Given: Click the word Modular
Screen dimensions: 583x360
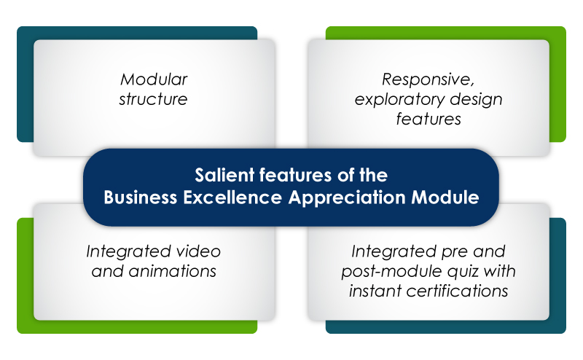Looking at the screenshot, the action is tap(154, 79).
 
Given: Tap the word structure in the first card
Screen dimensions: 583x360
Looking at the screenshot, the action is tap(153, 99).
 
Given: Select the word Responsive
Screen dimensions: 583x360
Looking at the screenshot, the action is tap(429, 79).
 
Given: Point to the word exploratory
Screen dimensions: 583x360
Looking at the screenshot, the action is tap(399, 100).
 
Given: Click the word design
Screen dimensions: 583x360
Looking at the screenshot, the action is tap(477, 100).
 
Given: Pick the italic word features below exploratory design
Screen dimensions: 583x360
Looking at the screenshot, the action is tap(429, 119).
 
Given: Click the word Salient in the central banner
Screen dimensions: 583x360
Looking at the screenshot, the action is tap(224, 175).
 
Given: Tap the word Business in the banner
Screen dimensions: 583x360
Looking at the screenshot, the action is tap(141, 197).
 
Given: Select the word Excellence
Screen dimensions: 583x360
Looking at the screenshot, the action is tap(232, 197).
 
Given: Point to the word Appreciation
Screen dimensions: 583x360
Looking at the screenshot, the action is tap(347, 197).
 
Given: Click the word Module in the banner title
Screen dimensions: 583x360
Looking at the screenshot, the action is tap(445, 197).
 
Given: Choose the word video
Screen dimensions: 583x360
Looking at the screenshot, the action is tap(198, 251).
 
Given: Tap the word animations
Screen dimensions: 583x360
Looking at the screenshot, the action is tap(173, 271).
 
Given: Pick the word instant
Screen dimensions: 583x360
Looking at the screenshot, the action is tap(375, 291).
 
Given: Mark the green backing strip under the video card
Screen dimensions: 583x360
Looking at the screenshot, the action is tap(137, 326).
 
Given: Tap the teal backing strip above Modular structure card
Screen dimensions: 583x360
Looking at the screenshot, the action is tap(137, 33).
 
